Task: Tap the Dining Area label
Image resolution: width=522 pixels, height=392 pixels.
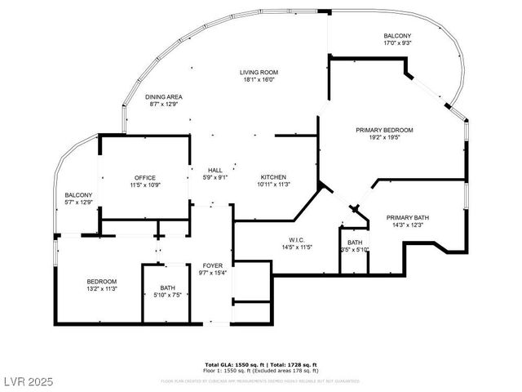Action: coord(163,96)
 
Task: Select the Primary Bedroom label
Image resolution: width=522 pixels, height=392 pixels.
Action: coord(384,130)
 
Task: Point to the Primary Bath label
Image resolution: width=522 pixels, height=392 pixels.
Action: coord(408,217)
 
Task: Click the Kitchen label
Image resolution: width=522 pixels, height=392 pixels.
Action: coord(272,177)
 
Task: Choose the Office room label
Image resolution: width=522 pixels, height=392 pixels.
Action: coord(145,177)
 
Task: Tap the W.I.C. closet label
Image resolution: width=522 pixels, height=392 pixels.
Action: coord(297,239)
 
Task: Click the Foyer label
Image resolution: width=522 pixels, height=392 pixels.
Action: coord(213,265)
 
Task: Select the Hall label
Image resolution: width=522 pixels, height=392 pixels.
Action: coord(215,170)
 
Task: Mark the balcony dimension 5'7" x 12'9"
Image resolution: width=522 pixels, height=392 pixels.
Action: coord(78,202)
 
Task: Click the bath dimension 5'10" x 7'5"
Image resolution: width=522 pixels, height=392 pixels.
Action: coord(167,295)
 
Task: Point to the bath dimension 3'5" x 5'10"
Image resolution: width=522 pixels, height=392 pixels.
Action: coord(355,250)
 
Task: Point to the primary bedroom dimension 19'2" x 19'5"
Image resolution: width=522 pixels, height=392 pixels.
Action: coord(384,138)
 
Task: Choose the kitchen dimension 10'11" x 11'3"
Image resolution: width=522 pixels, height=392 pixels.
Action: coord(272,185)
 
